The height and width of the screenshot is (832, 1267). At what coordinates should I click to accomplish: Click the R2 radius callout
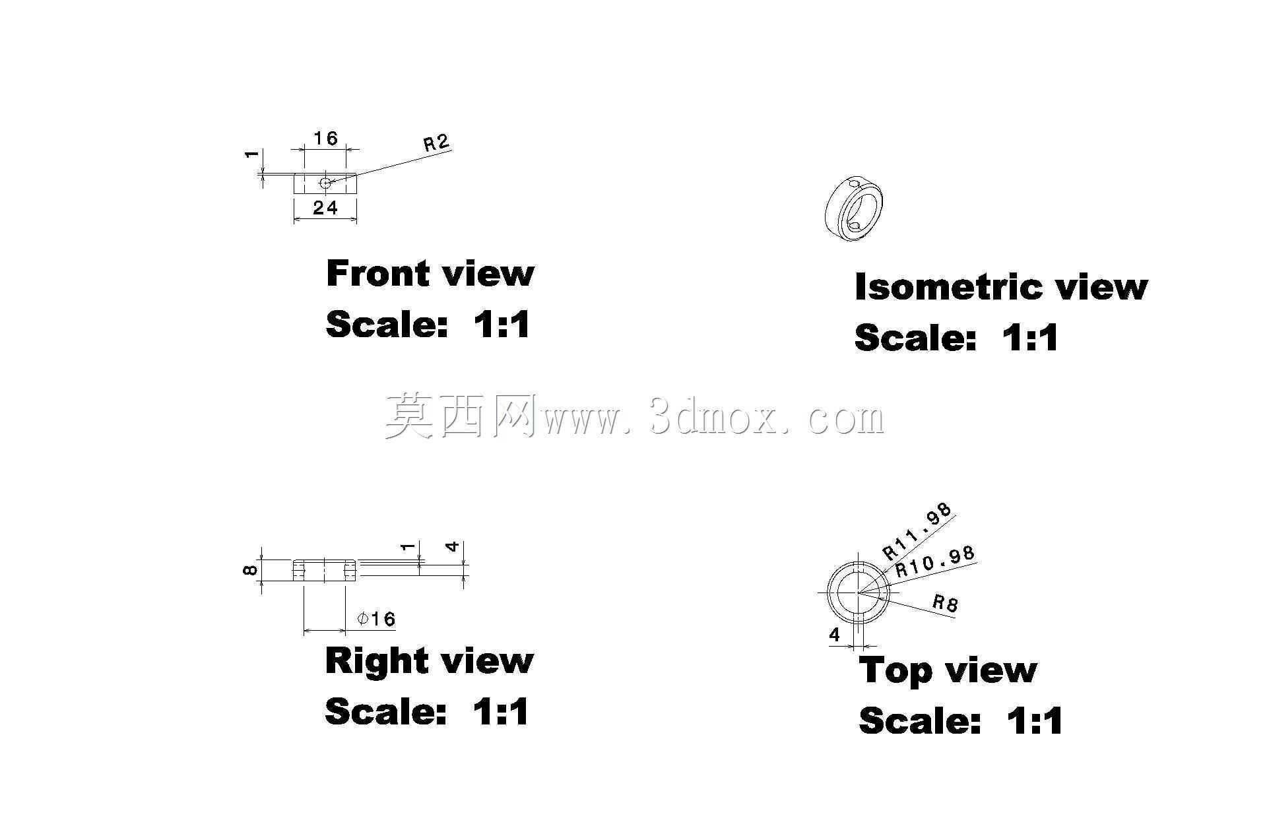click(x=436, y=143)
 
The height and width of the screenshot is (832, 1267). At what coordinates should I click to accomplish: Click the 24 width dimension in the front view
click(x=325, y=208)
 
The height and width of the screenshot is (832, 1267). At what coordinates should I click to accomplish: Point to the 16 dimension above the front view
click(x=325, y=138)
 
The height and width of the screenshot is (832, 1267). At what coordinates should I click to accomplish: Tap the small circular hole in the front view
click(x=325, y=182)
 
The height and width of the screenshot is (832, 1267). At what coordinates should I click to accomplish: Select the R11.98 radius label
click(x=918, y=531)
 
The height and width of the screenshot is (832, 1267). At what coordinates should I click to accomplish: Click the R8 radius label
click(x=945, y=602)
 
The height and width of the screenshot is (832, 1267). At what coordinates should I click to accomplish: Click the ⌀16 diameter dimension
click(x=376, y=619)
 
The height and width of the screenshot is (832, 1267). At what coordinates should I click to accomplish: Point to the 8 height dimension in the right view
click(x=250, y=569)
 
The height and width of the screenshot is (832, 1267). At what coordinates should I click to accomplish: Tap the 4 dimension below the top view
click(x=835, y=635)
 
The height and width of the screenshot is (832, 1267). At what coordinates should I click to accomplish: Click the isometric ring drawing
click(x=854, y=209)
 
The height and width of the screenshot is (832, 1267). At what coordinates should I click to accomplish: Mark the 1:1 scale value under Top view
click(x=1034, y=720)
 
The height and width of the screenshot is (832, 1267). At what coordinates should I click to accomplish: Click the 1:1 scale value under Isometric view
click(x=1029, y=338)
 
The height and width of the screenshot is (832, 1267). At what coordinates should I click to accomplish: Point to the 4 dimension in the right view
click(x=453, y=547)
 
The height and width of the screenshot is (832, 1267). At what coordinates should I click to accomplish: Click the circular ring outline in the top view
click(x=859, y=561)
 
